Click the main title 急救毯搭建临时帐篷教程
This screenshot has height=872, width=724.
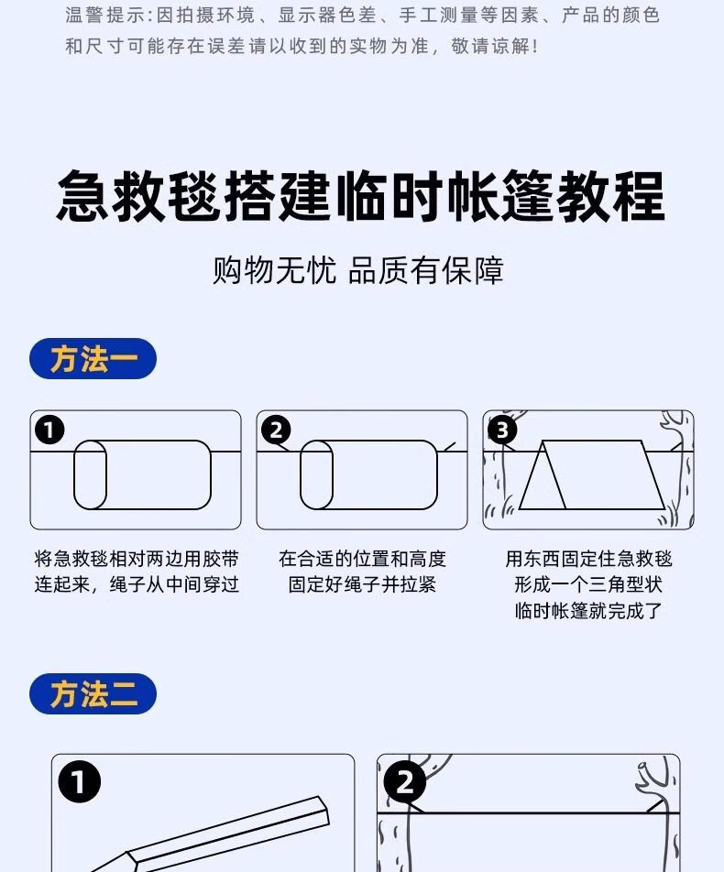(360, 196)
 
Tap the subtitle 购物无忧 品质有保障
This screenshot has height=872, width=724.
(358, 270)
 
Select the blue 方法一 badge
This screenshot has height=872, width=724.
(93, 359)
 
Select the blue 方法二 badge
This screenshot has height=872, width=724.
(93, 694)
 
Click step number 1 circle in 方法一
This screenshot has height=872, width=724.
(49, 430)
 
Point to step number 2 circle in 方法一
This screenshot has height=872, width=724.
(276, 430)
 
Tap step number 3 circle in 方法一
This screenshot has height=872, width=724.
(502, 430)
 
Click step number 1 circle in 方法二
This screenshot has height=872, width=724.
(79, 782)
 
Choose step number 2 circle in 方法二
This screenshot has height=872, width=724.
(405, 782)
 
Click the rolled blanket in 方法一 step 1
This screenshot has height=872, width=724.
(142, 474)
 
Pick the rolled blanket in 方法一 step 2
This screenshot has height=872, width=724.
(368, 474)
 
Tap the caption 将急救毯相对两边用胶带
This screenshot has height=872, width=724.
(137, 559)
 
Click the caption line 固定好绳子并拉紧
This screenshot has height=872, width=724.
(362, 584)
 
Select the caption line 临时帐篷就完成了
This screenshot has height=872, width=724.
(588, 611)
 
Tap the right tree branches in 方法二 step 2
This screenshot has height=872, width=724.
(655, 779)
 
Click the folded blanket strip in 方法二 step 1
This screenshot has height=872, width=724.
(229, 829)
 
